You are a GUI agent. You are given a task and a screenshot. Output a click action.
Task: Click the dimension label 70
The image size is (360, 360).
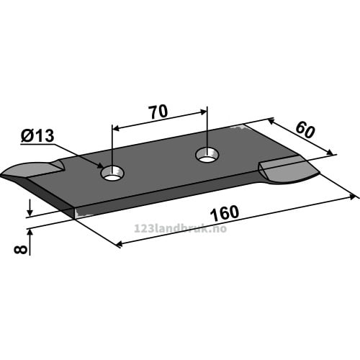tap(158, 112)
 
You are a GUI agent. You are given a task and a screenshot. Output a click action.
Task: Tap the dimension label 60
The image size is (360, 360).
tap(305, 130)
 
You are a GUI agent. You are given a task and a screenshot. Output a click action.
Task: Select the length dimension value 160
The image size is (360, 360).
tap(225, 213)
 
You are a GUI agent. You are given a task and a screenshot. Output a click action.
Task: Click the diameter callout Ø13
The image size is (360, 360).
tap(37, 136)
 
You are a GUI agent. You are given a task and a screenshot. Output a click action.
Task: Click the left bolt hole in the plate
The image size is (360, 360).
tap(112, 174)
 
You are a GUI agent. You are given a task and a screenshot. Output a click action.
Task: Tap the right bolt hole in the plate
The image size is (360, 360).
tap(207, 155)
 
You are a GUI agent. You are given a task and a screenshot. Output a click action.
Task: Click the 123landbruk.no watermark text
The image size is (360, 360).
tap(180, 228)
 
